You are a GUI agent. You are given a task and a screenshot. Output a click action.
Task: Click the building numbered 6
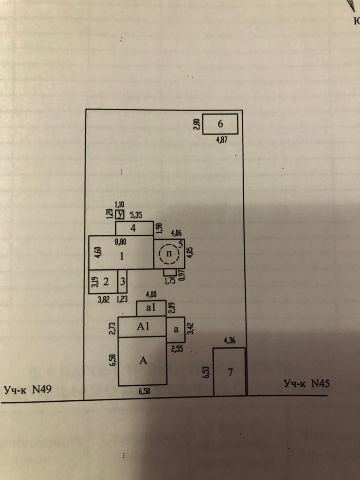[x=220, y=124]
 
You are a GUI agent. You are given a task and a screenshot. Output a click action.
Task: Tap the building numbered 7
[x=230, y=372]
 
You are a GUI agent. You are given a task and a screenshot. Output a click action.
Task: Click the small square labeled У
[x=120, y=215]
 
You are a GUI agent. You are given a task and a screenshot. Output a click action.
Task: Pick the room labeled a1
[x=150, y=309]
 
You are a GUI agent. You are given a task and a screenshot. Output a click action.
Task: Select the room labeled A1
[x=142, y=327]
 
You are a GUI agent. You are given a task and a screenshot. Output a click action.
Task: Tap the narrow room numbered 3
[x=122, y=282]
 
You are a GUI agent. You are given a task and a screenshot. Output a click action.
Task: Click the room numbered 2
[x=106, y=282]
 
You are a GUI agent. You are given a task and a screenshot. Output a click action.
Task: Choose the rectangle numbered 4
[x=134, y=228]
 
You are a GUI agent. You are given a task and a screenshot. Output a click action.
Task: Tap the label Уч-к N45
[x=307, y=383]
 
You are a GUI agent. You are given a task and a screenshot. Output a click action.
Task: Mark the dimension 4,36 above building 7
[x=229, y=341]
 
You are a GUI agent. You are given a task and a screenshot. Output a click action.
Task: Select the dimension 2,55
[x=177, y=348]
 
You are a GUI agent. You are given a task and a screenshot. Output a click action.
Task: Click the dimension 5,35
[x=136, y=215]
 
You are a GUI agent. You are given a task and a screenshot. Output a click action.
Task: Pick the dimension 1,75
[x=170, y=281]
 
